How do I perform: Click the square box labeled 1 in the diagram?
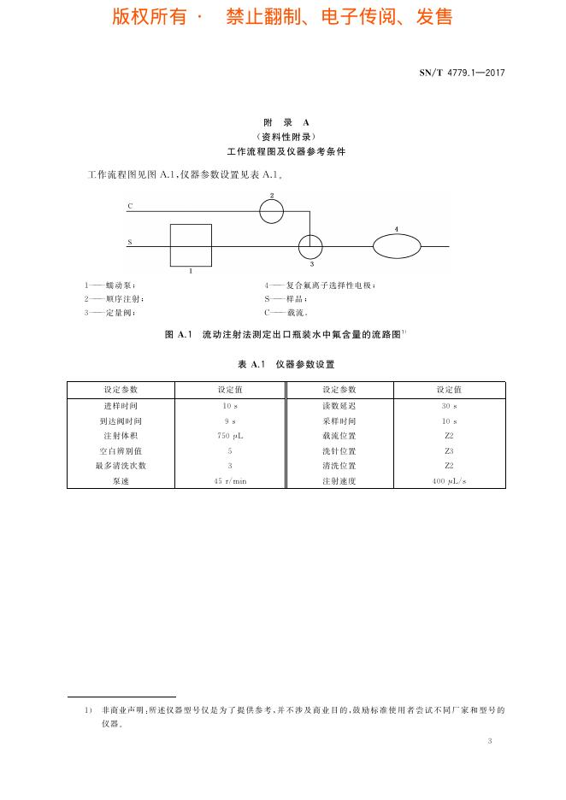(191, 245)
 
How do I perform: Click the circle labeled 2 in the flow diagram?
(271, 211)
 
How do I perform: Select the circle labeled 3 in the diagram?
(310, 247)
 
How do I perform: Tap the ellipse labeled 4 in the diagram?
(396, 246)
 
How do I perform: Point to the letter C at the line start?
(130, 207)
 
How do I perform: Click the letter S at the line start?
(130, 243)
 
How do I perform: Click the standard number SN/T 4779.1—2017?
(462, 73)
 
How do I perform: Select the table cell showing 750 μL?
(230, 436)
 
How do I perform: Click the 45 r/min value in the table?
(230, 481)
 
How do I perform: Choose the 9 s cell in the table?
(230, 421)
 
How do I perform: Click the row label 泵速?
(121, 481)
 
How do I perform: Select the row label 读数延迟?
(339, 405)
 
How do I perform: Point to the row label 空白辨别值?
(121, 451)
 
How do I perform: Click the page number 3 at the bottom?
(490, 741)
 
